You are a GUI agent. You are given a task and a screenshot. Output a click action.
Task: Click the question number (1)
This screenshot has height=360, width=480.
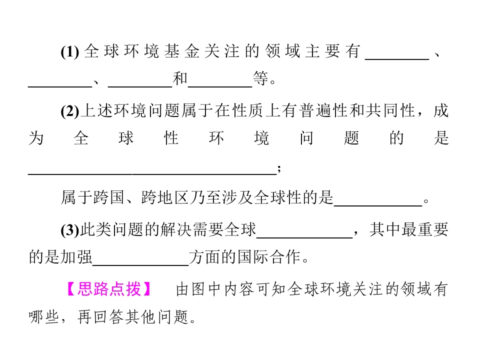tap(70, 51)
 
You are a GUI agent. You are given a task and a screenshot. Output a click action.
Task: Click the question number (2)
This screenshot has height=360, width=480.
tap(70, 111)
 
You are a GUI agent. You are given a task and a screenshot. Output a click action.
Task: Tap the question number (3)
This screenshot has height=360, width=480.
tap(70, 230)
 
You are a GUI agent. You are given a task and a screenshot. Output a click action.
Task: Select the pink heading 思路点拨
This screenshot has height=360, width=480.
tap(109, 289)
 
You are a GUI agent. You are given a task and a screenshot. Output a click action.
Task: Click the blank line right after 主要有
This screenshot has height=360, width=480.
tap(397, 59)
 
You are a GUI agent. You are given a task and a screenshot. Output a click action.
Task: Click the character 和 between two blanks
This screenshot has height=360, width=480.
tap(180, 78)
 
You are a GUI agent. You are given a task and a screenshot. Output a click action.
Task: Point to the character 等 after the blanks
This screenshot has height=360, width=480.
tap(260, 78)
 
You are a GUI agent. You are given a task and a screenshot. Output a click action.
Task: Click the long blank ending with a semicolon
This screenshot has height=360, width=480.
tap(152, 174)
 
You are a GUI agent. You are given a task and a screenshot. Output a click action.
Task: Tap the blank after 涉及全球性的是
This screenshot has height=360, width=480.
tap(378, 206)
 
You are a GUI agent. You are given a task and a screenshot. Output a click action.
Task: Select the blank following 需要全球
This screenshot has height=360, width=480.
tap(304, 237)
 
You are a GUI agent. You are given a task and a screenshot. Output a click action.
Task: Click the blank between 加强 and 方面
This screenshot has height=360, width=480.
tap(140, 265)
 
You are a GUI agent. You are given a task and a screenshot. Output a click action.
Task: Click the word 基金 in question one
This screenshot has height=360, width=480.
tap(182, 51)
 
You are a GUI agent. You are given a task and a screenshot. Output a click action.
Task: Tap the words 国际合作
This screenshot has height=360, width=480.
tap(269, 257)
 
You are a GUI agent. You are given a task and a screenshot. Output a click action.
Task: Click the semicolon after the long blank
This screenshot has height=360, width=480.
tap(279, 169)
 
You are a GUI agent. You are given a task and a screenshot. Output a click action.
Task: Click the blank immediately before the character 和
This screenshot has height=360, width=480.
tap(140, 86)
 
